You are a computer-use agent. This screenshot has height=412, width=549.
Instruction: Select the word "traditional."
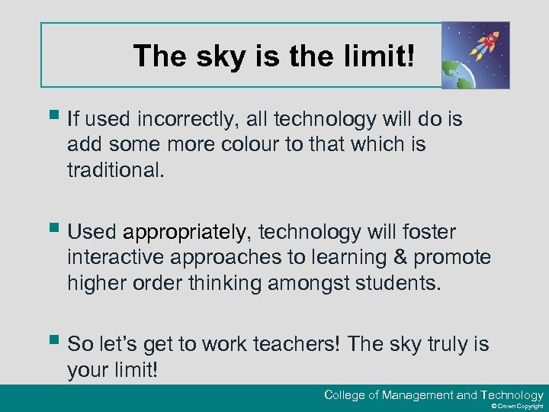115,169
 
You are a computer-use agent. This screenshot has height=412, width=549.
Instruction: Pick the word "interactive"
116,257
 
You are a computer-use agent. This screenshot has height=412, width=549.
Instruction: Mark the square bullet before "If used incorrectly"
51,116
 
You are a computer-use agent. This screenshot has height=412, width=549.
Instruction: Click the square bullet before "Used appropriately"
51,229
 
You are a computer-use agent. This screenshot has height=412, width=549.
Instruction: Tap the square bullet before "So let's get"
51,341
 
